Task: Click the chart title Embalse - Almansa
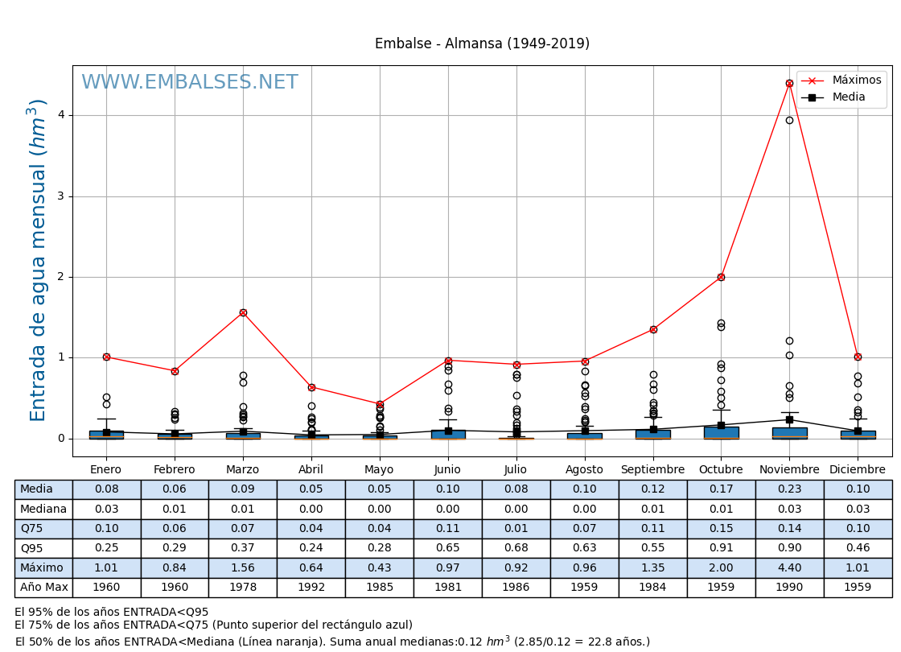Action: (482, 43)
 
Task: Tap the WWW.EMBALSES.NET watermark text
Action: (189, 83)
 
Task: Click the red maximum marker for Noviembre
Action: (789, 83)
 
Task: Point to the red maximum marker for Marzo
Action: (243, 312)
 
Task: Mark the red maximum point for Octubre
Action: (721, 277)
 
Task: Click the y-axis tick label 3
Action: (60, 196)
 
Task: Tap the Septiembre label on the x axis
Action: (652, 469)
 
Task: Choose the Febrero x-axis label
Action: (175, 469)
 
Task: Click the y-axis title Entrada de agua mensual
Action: (39, 260)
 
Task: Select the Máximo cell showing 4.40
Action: (789, 567)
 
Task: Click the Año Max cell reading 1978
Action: (243, 587)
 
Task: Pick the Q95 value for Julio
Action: (516, 548)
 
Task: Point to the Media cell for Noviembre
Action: (789, 489)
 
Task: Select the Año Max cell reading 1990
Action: (789, 587)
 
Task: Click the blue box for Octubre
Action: (721, 432)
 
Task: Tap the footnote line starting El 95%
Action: (112, 612)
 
